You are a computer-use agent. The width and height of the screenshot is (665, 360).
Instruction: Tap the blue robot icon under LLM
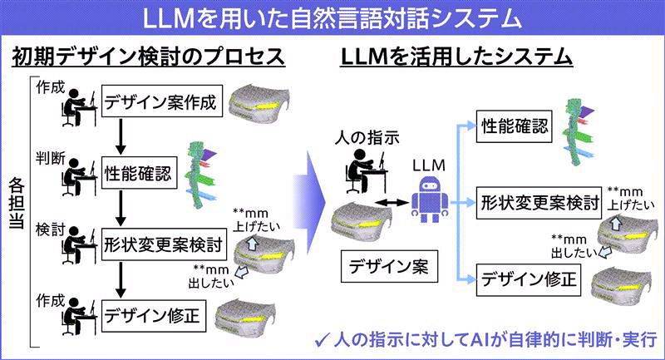point(431,200)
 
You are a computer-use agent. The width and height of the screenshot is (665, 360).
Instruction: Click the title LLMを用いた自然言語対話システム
point(332,17)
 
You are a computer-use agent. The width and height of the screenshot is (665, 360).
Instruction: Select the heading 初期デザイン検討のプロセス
point(149,58)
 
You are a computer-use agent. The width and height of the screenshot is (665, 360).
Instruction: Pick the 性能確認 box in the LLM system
point(515,127)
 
